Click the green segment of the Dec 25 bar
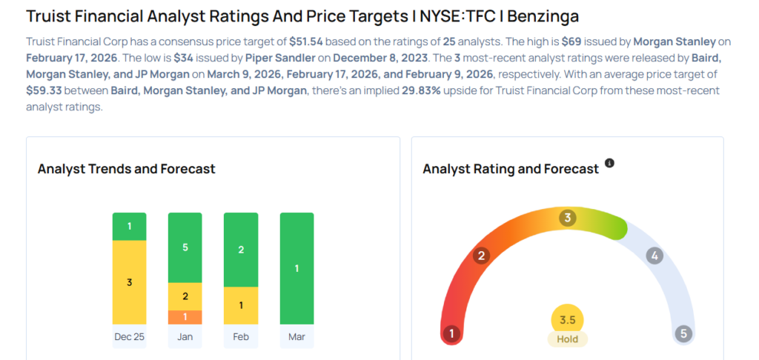pos(130,226)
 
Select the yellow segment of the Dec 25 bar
pos(130,282)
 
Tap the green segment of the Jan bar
pos(185,247)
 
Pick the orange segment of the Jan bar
pos(185,317)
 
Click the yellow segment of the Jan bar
pos(185,296)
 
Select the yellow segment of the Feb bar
pos(241,305)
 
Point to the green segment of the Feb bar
pos(241,250)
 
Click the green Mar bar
pos(296,268)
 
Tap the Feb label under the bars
pos(241,336)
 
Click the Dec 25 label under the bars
pos(130,336)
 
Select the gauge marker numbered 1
pos(451,334)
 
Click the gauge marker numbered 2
pos(482,256)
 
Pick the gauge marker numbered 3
pos(568,218)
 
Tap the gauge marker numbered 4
pos(654,256)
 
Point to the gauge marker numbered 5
pos(683,334)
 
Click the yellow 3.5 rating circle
pos(568,320)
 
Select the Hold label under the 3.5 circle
pos(568,339)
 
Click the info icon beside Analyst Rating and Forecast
pos(609,163)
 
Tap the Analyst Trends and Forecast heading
pos(127,169)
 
